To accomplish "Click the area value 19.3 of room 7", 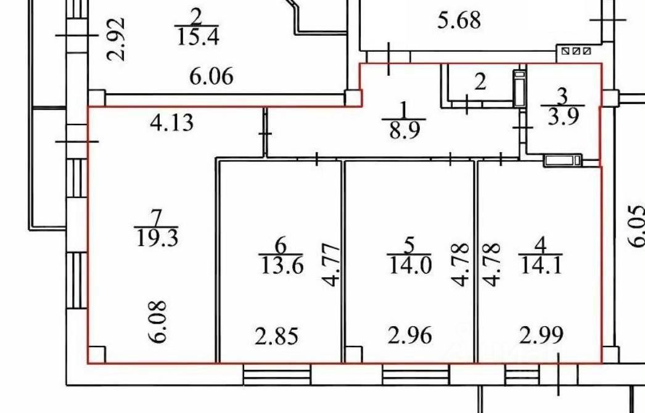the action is tap(156, 237).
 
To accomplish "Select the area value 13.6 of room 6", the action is tap(281, 266).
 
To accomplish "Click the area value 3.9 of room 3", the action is tap(562, 117).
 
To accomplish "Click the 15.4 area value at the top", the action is tap(198, 36).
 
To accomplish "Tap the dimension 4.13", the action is tap(172, 123).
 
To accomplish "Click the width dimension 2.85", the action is tap(277, 337).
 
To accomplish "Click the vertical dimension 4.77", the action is tap(331, 266).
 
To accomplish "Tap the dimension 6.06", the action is tap(212, 77).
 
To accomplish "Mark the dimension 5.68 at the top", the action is tap(459, 21).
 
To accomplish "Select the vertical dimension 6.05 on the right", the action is tap(636, 227).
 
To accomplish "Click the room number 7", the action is tap(156, 217).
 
